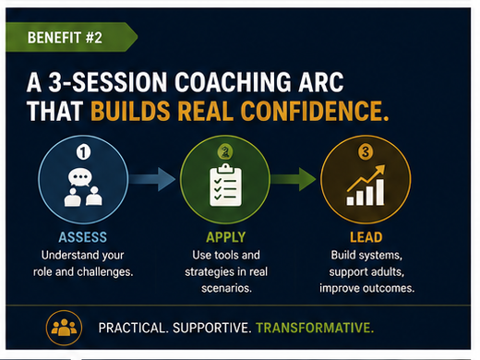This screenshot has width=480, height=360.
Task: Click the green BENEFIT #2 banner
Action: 71,37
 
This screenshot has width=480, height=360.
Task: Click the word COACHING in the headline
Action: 234,82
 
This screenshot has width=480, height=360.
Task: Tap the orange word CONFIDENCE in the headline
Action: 312,111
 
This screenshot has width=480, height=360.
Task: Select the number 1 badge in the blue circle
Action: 83,151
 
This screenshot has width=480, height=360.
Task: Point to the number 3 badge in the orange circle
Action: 366,151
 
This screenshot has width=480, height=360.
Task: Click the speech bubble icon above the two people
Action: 80,177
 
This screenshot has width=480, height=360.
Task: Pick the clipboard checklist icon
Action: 225,185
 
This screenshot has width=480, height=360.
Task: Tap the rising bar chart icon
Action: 366,185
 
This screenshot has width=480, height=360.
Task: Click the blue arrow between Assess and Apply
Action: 152,179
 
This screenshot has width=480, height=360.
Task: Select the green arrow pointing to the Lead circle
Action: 293,179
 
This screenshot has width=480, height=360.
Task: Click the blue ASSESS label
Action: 83,237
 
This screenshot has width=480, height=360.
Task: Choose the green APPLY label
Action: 226,237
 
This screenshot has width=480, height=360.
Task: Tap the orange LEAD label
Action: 366,237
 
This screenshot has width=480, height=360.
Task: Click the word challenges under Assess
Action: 105,272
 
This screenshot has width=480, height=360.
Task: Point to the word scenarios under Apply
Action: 226,288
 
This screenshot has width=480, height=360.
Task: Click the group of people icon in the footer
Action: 64,328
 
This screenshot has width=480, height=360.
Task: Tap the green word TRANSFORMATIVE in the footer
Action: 315,328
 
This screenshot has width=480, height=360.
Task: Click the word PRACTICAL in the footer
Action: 134,328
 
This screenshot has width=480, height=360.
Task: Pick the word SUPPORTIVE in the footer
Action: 212,328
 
